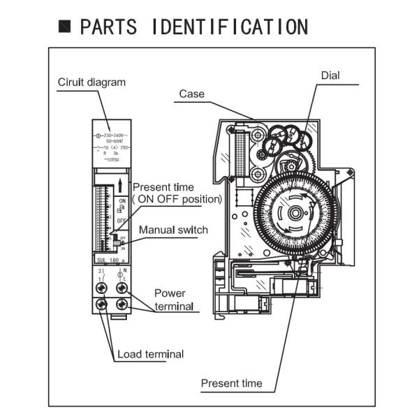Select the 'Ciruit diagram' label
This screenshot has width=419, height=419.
point(91,82)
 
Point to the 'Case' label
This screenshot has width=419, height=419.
point(191,94)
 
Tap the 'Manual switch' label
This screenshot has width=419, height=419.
point(173,230)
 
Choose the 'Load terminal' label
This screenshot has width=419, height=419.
point(150,354)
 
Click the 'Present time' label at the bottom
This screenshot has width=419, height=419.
point(232,383)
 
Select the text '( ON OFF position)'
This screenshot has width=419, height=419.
point(177,199)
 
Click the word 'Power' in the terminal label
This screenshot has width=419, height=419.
point(170,293)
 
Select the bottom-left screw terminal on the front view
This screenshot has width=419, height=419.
point(102,304)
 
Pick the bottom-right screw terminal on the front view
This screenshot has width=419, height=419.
point(124,304)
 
